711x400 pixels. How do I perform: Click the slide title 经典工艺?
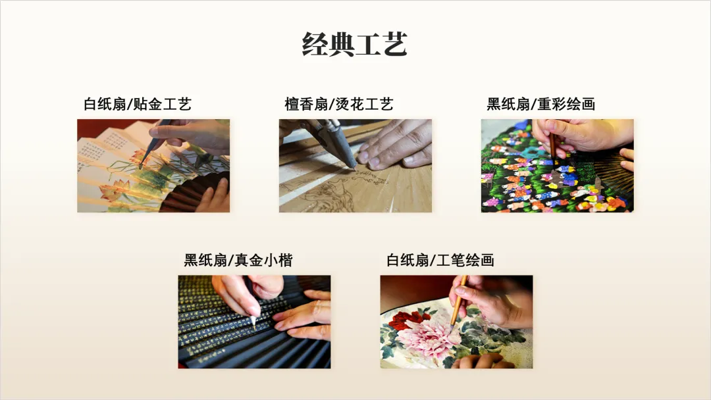coord(355,44)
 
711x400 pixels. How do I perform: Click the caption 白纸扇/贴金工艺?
coord(138,104)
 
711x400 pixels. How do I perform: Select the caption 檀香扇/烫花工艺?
coord(339,104)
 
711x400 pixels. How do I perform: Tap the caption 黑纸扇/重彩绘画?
coord(540,104)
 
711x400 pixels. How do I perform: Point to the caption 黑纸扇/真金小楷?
coord(238,260)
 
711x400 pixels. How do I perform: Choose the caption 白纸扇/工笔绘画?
coord(440,260)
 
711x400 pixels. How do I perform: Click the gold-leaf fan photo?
coord(153,166)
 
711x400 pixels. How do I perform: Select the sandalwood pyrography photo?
coord(355,166)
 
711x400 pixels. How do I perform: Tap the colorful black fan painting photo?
coord(558,166)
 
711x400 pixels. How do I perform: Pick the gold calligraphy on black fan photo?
coord(254,322)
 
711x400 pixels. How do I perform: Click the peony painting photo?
coord(456,322)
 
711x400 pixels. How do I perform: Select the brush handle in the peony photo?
coord(459,299)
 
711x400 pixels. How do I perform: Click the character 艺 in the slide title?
coord(394,44)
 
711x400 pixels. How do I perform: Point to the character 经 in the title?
coord(315,44)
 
